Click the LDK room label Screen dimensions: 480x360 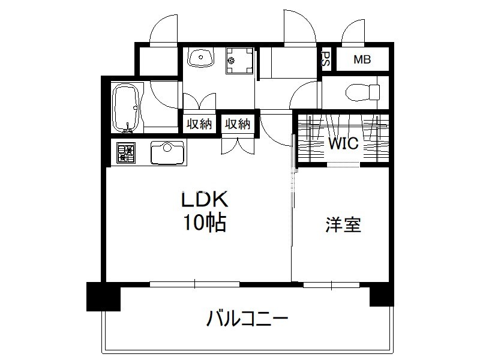point(205,200)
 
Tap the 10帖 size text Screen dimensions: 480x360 point(205,222)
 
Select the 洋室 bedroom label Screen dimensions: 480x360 point(343,225)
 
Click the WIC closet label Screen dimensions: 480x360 point(343,143)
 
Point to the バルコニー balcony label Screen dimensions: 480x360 point(247,319)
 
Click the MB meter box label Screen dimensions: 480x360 point(362,59)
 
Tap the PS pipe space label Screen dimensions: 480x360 point(325,59)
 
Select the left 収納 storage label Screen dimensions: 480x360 point(199,124)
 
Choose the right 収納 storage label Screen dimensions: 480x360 point(238,124)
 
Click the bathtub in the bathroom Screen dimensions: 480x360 point(127,108)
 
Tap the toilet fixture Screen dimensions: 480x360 point(363,92)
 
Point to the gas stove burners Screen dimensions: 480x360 point(126,152)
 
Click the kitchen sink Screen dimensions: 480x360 point(167,153)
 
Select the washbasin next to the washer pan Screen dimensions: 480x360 point(200,57)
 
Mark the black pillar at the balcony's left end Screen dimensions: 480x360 point(103,296)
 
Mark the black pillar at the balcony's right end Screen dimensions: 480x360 point(382,294)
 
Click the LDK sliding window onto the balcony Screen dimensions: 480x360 point(194,284)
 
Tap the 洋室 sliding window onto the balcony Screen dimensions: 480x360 point(332,285)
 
